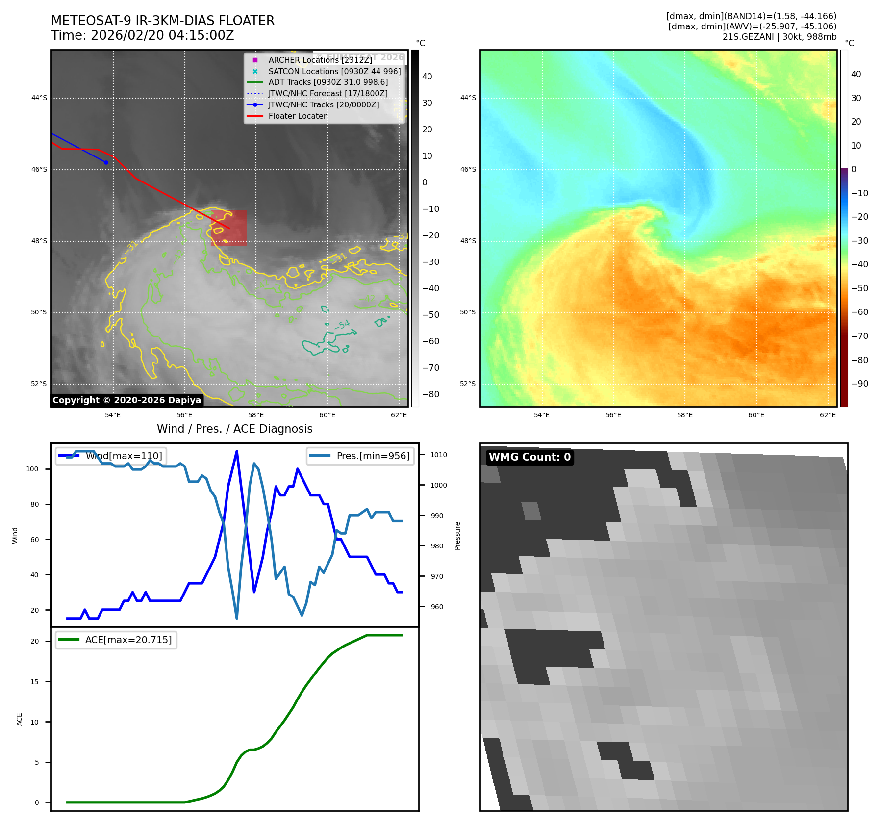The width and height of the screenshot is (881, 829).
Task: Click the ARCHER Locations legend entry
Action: pos(320,60)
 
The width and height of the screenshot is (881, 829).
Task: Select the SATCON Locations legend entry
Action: pos(334,71)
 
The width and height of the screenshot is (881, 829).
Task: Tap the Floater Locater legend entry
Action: pos(297,116)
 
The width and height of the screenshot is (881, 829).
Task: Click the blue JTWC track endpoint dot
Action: pos(106,162)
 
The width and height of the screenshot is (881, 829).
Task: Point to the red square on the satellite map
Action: pos(229,228)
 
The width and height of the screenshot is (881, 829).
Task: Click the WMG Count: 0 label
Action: pos(529,457)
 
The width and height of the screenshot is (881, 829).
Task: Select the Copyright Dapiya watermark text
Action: pos(126,400)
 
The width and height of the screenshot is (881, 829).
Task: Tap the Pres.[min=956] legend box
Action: pos(360,456)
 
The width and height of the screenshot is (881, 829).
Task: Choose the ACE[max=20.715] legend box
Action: pos(116,640)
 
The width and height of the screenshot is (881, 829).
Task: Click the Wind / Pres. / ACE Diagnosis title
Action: pos(234,429)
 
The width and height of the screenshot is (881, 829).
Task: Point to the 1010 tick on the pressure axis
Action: pos(438,455)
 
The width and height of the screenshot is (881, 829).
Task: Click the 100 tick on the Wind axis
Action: pos(32,469)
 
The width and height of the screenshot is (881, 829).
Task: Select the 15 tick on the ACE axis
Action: pos(34,682)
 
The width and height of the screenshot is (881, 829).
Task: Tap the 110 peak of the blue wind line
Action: pos(237,451)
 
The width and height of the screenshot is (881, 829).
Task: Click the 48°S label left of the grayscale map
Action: pos(39,241)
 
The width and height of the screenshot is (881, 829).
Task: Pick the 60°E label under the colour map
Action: pos(756,415)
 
